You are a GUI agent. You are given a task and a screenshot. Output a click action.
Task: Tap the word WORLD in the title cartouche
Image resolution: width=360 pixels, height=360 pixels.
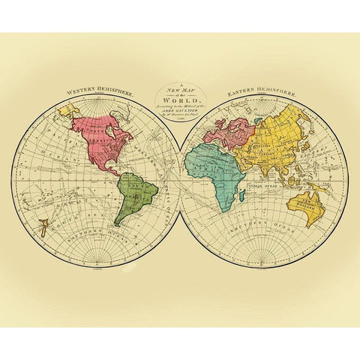[x=179, y=100]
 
